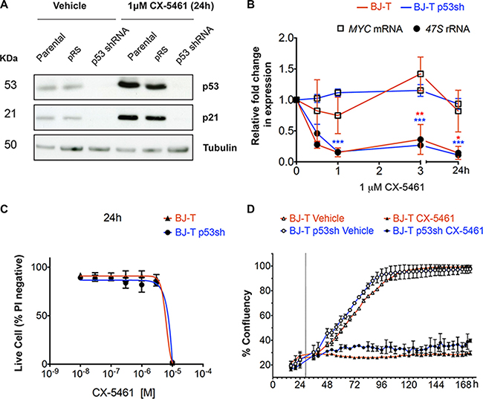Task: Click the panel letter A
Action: click(x=6, y=6)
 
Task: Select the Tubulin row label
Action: click(x=220, y=147)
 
